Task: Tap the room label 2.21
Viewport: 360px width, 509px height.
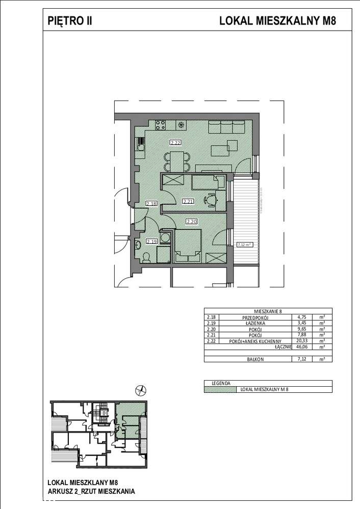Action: [x=188, y=202]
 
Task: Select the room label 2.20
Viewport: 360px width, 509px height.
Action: [x=192, y=222]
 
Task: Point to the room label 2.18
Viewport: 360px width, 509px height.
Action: [x=151, y=204]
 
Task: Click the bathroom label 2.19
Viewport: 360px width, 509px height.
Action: [x=151, y=242]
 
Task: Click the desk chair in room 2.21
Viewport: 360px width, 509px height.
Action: [x=209, y=200]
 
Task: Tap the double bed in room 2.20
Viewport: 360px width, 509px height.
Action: [x=188, y=246]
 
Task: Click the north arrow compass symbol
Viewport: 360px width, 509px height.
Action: [x=139, y=391]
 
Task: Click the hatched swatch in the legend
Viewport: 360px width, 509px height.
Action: [x=219, y=389]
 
